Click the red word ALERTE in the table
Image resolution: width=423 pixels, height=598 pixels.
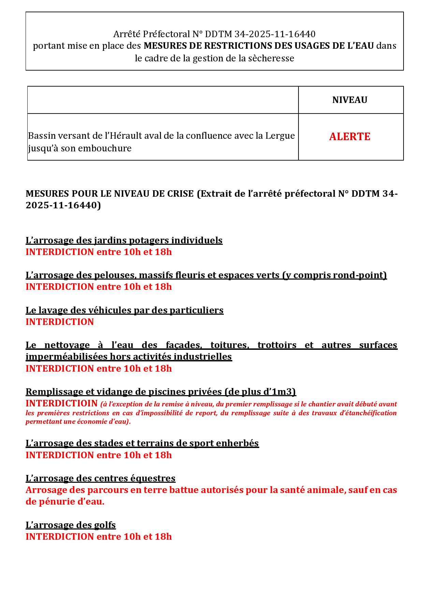click(350, 136)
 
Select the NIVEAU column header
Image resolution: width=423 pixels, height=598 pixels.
click(350, 100)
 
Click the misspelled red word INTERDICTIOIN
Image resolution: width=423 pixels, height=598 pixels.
click(61, 403)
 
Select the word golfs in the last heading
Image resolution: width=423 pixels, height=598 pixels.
click(105, 525)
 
